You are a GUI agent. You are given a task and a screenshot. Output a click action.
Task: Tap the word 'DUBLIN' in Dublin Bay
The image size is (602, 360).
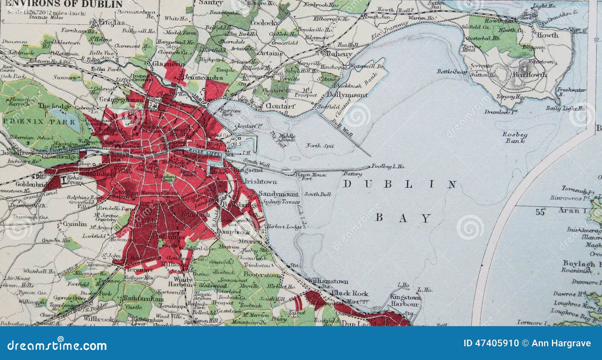[x=400, y=184]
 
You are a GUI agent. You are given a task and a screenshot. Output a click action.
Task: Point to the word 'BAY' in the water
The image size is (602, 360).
[x=403, y=218]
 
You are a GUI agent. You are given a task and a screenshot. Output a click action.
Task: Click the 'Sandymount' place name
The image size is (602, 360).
[x=278, y=194]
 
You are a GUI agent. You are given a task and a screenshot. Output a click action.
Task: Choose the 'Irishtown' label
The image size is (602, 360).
[x=261, y=181]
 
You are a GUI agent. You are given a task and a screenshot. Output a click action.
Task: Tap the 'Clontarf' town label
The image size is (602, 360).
[x=280, y=106]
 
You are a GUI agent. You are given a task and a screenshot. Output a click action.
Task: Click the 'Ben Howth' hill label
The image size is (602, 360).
[x=529, y=74]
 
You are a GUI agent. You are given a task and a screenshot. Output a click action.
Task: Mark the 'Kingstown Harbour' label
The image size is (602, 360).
[x=404, y=300]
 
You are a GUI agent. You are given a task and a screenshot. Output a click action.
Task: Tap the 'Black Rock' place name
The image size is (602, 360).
[x=350, y=293]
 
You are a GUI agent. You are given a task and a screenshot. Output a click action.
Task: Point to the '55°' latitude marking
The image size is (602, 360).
[x=540, y=212]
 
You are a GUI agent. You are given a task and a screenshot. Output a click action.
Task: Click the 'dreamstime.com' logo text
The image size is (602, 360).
[x=57, y=345]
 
